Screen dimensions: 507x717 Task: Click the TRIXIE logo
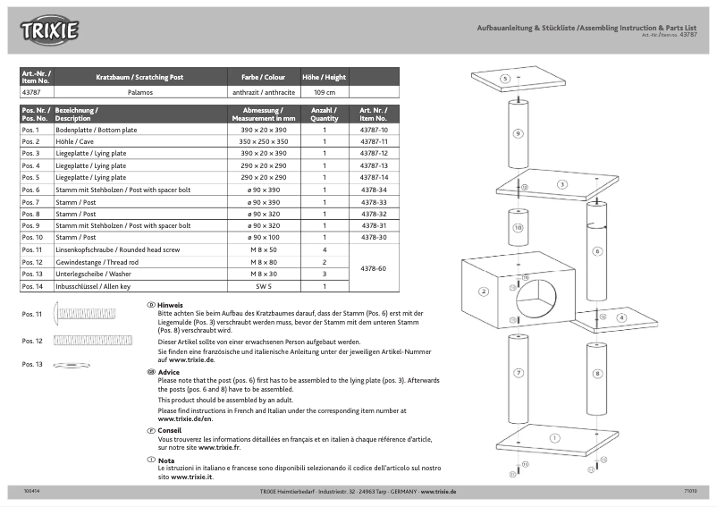50,30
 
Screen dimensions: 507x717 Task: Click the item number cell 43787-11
373,142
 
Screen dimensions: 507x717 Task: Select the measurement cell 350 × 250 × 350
264,142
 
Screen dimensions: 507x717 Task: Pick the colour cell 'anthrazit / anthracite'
264,92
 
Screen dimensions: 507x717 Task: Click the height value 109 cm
324,92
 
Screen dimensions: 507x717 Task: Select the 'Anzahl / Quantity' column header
324,114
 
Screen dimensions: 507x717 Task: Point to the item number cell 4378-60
373,268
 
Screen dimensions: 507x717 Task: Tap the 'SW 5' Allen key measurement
264,286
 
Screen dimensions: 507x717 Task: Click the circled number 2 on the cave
484,292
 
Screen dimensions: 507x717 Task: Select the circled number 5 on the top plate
505,79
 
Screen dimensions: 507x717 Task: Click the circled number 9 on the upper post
518,133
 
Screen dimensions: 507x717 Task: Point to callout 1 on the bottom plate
554,438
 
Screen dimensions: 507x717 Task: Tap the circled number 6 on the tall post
596,251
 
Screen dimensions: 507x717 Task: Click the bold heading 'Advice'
169,371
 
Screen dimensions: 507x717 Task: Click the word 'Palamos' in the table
140,92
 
